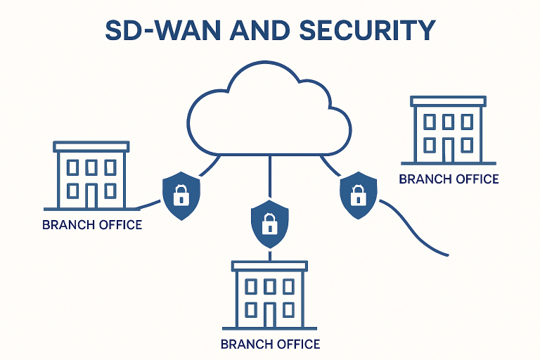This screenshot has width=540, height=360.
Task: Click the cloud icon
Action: point(269,112)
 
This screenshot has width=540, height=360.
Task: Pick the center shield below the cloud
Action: point(269,224)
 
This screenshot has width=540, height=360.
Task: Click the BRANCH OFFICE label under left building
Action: point(92,226)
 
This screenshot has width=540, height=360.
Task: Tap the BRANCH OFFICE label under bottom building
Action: point(270,345)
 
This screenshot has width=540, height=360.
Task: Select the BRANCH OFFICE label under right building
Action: point(449,179)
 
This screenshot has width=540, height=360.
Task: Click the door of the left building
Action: point(91,195)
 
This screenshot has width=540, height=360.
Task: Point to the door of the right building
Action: point(447,149)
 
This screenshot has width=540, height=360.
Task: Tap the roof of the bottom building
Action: point(269,265)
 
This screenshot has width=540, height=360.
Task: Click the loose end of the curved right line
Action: point(447,255)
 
